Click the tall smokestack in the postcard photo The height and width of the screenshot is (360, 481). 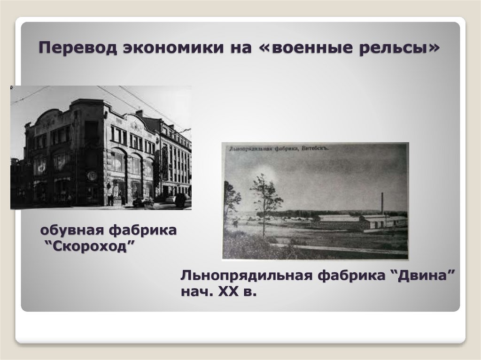[x=382, y=204]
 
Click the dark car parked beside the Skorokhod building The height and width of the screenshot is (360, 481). [x=143, y=202]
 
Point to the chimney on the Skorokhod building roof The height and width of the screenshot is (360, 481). [x=139, y=114]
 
